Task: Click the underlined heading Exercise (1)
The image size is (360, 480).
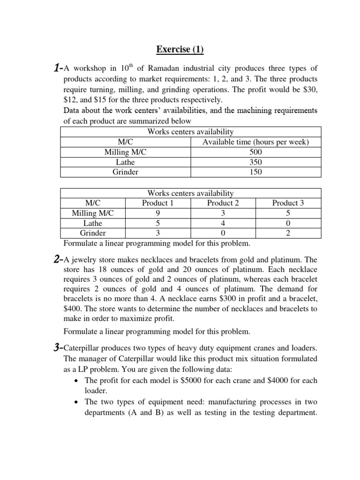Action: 180,49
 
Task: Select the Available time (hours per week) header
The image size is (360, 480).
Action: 255,142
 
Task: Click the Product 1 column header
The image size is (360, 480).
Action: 157,203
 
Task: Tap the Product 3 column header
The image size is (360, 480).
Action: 288,203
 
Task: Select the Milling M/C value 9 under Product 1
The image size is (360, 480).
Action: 157,213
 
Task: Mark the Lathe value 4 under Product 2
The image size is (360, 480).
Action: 223,223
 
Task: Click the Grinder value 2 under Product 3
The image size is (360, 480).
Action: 288,232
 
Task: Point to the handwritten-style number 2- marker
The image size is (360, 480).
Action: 57,259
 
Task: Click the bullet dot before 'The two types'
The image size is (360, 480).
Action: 77,402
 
